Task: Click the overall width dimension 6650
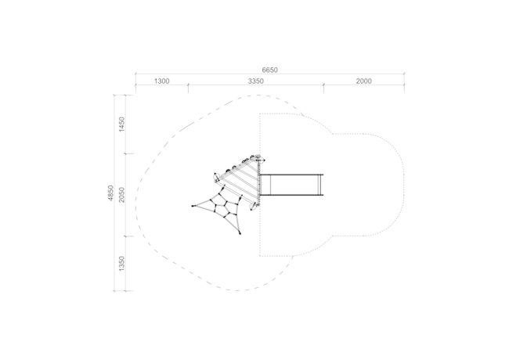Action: (x=269, y=70)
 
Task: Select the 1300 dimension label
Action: (x=161, y=81)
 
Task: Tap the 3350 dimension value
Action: (x=256, y=81)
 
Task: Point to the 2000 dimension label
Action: (x=363, y=81)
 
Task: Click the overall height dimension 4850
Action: (x=110, y=193)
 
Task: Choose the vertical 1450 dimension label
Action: (x=121, y=124)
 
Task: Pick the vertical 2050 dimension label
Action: (x=121, y=195)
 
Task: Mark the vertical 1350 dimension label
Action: (x=121, y=264)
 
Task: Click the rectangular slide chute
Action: (x=291, y=185)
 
